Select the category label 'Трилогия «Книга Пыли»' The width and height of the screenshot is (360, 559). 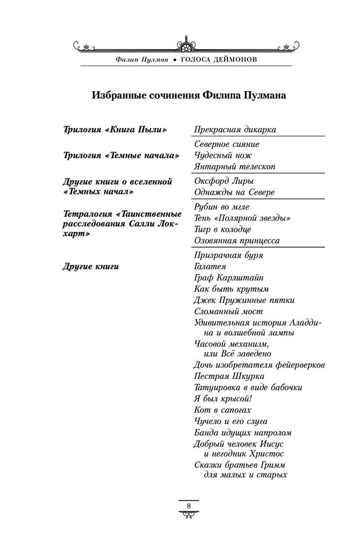(116, 130)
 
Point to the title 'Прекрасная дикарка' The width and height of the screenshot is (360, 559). (235, 130)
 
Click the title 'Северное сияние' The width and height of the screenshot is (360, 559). (226, 144)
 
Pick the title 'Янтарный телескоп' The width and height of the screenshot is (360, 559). (235, 167)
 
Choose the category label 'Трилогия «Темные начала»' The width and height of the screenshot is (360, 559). (121, 155)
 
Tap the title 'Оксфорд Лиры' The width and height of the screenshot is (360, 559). (223, 181)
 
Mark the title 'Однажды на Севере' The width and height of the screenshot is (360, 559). (235, 192)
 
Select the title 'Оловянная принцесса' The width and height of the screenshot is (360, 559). (236, 241)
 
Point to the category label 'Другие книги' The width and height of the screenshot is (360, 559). (92, 266)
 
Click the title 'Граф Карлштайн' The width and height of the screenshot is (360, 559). (229, 278)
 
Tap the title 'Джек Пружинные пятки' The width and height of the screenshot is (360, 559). (244, 300)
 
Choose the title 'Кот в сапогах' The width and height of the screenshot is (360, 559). (219, 410)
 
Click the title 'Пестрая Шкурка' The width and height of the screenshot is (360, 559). (229, 376)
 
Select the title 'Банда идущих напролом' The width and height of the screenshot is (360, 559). (243, 433)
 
